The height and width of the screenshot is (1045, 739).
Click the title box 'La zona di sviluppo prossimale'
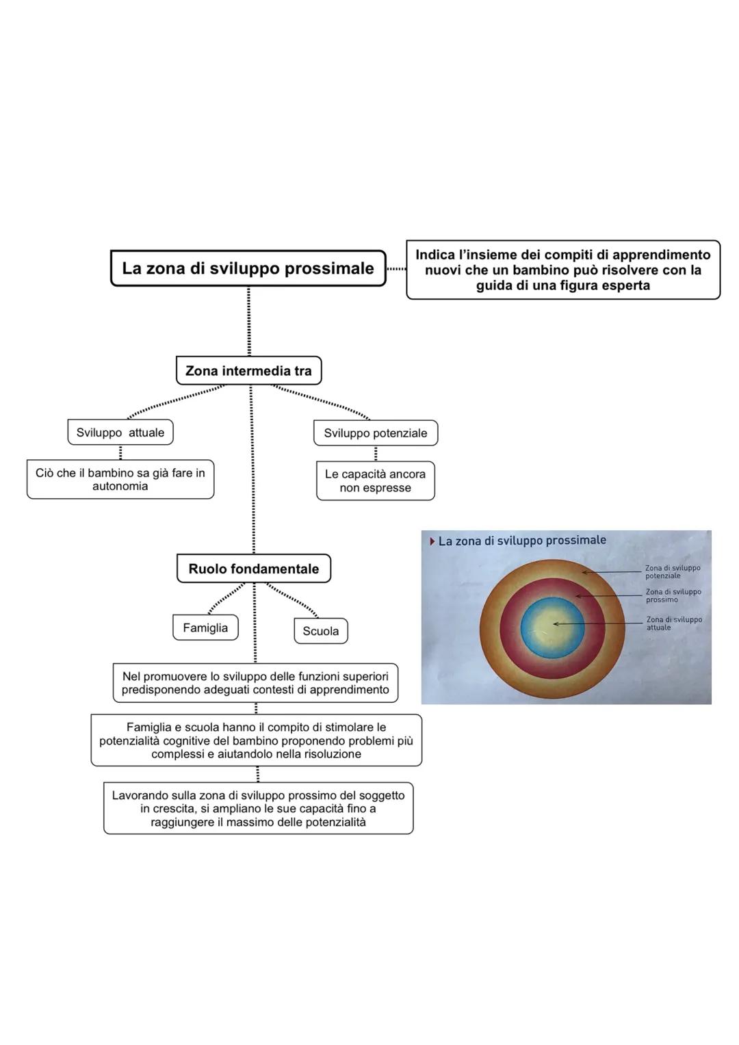(248, 268)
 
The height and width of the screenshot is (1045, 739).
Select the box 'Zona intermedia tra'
(248, 371)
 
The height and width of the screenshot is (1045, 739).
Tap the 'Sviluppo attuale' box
(120, 433)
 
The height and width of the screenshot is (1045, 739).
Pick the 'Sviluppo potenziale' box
(375, 433)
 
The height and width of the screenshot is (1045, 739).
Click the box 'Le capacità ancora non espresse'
(375, 481)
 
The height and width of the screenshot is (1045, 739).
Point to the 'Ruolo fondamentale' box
(253, 569)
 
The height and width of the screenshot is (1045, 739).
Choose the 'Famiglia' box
(205, 628)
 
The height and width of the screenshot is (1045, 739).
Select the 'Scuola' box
(320, 631)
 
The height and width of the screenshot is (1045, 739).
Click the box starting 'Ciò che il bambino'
(120, 480)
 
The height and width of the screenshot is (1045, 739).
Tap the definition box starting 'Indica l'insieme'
(562, 270)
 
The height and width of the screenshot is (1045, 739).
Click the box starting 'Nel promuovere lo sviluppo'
(255, 683)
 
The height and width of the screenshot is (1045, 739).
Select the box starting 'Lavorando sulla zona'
(258, 809)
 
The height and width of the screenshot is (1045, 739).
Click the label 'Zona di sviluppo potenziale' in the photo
(672, 572)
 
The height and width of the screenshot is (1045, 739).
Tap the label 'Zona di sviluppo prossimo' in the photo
(673, 596)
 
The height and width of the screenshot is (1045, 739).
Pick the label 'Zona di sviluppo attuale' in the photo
(673, 623)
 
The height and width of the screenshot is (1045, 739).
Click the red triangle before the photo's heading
(432, 541)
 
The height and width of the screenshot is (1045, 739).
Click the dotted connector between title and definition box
(396, 269)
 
